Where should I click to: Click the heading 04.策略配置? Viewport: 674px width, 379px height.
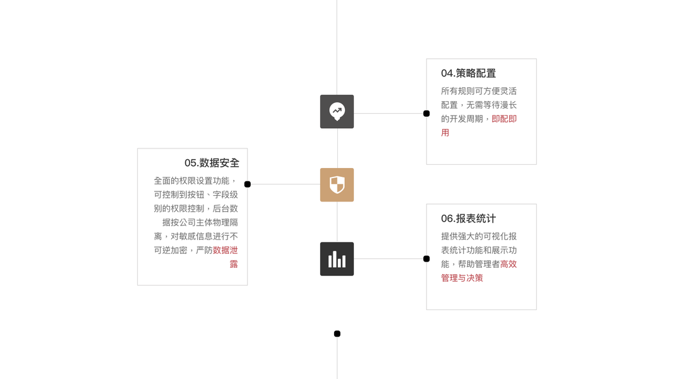click(x=468, y=73)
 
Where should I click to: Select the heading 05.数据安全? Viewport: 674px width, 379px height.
click(x=212, y=163)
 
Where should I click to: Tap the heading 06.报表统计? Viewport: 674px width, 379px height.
click(x=468, y=219)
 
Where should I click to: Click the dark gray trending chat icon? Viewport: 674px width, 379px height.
click(x=337, y=112)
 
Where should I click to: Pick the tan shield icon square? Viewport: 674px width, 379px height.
click(x=337, y=185)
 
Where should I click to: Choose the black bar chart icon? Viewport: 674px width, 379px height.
click(x=337, y=259)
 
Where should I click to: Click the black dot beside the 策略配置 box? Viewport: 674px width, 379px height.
click(x=426, y=114)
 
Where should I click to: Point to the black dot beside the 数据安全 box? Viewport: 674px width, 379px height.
click(x=248, y=184)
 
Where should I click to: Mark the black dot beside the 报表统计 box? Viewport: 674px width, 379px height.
click(x=426, y=259)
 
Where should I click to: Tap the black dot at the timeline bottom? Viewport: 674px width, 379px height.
click(x=337, y=334)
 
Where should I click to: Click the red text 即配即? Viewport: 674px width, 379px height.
click(x=504, y=119)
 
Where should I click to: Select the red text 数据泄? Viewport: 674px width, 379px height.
click(x=226, y=250)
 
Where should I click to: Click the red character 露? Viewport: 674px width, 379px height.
click(x=234, y=264)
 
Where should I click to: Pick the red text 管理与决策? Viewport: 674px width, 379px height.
click(x=462, y=278)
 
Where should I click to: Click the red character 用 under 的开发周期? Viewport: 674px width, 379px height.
click(x=445, y=133)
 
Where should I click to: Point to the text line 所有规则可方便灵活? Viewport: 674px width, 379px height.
click(x=479, y=91)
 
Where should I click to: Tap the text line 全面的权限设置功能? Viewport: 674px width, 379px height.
click(x=196, y=181)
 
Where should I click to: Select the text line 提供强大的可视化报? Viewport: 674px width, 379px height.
click(x=479, y=236)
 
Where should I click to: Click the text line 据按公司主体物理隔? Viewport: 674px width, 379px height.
click(x=200, y=222)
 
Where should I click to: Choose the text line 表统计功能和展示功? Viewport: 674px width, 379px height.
click(x=479, y=250)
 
